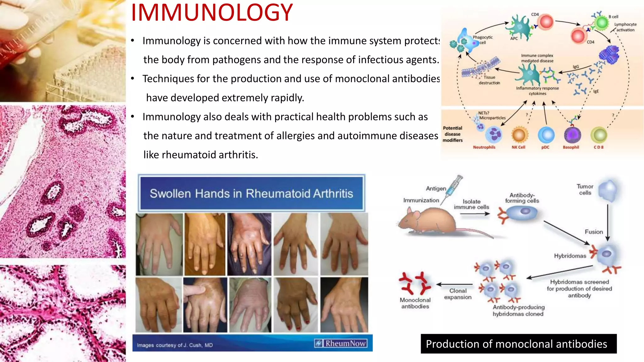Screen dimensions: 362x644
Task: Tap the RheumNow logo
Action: coord(341,343)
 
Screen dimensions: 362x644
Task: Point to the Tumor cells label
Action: coord(585,189)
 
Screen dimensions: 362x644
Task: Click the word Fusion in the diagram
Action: coord(594,232)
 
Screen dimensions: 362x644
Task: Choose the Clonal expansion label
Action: coord(458,294)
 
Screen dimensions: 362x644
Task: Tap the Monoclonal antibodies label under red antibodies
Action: coord(415,303)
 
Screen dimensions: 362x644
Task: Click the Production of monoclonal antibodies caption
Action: coord(516,344)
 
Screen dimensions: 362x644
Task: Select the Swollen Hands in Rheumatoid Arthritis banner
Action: coord(251,193)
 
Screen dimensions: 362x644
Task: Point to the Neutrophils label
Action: coord(484,147)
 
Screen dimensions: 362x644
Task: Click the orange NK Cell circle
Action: coord(519,135)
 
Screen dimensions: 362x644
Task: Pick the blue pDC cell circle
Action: coord(546,135)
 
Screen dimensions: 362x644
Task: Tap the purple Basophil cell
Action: coord(572,135)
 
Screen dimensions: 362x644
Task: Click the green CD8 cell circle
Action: coord(599,135)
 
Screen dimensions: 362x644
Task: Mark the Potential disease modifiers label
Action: coord(452,134)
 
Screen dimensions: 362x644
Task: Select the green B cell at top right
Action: coord(602,23)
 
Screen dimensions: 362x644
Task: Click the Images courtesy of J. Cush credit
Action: coord(175,345)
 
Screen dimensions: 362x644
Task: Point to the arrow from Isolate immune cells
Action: coord(475,214)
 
